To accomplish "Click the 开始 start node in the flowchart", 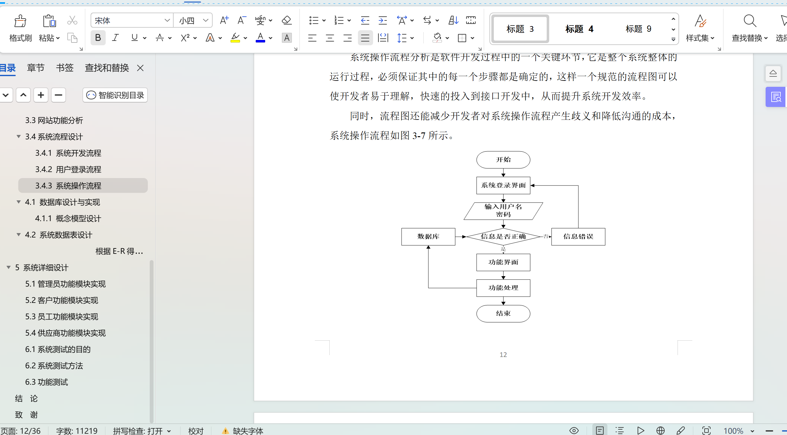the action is click(503, 160).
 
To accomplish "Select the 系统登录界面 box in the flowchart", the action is click(503, 186).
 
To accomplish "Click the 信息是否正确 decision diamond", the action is click(503, 237).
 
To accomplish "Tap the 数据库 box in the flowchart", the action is click(428, 237).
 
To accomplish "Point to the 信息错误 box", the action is click(578, 237).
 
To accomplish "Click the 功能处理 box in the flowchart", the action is click(503, 288).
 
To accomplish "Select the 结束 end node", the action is click(503, 314).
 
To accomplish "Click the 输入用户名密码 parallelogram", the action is click(503, 211).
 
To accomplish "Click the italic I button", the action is click(115, 38).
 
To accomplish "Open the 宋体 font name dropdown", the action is click(167, 21).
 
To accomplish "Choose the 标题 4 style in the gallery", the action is click(579, 29).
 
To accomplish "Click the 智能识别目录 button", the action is click(115, 95).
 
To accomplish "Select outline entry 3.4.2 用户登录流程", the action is click(68, 170).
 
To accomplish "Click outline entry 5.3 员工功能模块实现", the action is click(62, 317).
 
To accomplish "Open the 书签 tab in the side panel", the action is click(64, 68).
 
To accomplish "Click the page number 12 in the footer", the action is click(503, 355).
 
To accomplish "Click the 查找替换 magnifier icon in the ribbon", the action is click(750, 21).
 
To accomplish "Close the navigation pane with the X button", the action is click(140, 68).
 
